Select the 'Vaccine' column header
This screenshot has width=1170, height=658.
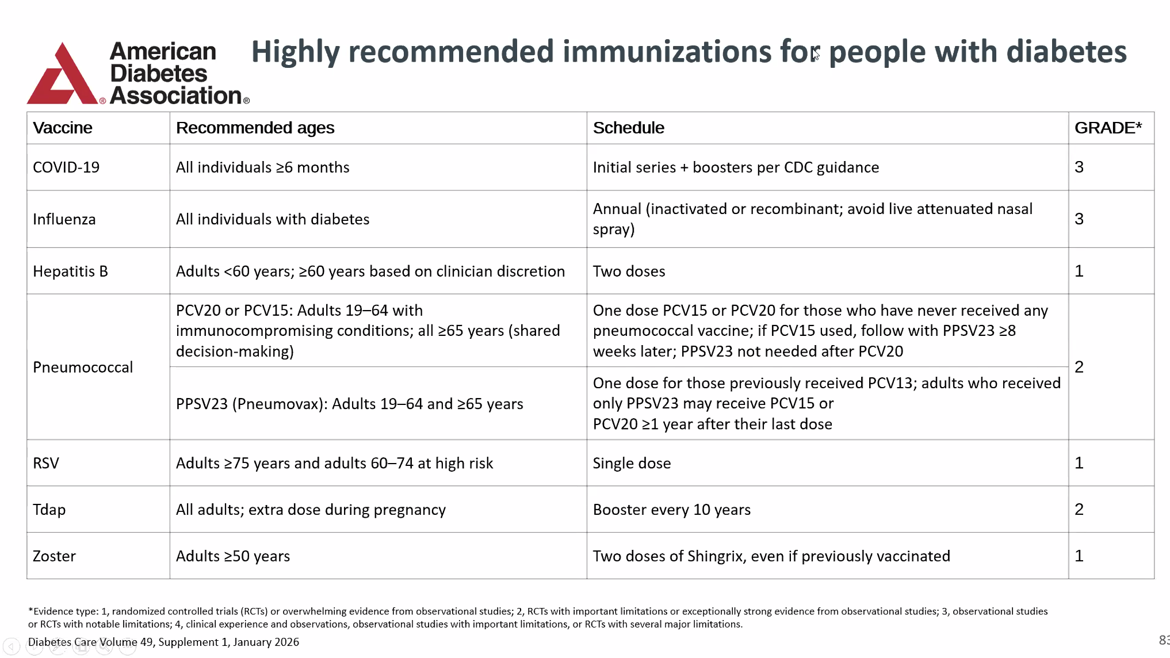click(62, 128)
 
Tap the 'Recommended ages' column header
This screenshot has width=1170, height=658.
click(255, 128)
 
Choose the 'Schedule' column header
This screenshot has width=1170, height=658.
click(628, 128)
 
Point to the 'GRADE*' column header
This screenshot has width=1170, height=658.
click(1108, 128)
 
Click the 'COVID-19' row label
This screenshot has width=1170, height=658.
click(66, 167)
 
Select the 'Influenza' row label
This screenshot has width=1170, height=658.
click(64, 219)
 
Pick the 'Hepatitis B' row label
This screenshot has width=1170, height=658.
click(70, 271)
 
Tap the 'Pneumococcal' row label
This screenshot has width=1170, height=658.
click(83, 367)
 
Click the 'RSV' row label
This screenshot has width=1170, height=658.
click(46, 463)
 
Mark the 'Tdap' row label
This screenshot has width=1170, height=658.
click(49, 510)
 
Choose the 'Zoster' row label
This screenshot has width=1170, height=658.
click(54, 556)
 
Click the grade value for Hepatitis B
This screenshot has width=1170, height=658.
click(1079, 271)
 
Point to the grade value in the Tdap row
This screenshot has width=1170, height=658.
click(1079, 509)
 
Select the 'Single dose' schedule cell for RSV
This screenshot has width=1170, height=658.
click(632, 463)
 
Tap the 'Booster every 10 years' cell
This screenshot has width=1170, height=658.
click(671, 510)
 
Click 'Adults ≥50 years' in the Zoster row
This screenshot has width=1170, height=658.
click(232, 556)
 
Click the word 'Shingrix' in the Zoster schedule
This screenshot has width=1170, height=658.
click(720, 556)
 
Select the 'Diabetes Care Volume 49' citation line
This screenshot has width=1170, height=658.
click(163, 642)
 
